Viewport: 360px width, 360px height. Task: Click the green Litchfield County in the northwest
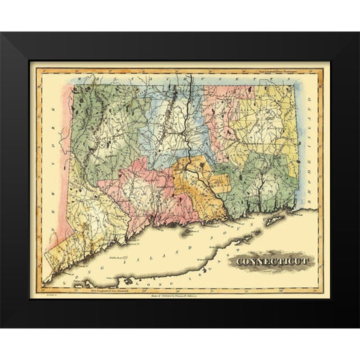(x=105, y=127)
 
